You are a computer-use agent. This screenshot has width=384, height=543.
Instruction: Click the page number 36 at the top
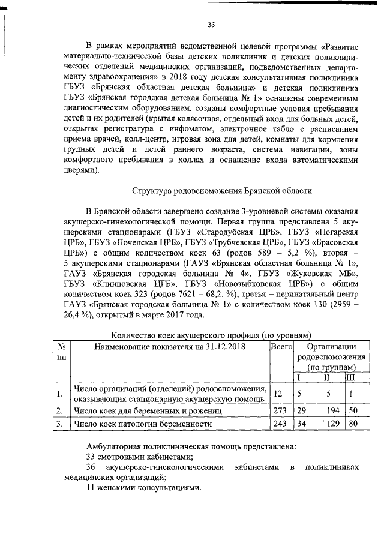[211, 25]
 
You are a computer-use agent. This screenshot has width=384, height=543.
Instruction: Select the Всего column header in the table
[281, 347]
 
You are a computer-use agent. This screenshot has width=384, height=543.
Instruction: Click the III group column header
[351, 377]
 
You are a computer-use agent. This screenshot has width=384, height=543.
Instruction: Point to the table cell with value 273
[280, 411]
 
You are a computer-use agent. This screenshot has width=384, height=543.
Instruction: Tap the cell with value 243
[280, 424]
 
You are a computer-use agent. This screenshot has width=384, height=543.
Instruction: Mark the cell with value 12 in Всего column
[278, 394]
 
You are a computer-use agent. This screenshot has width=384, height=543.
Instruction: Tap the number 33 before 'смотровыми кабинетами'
[92, 457]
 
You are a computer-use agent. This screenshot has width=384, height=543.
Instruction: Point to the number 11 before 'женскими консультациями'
[91, 488]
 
